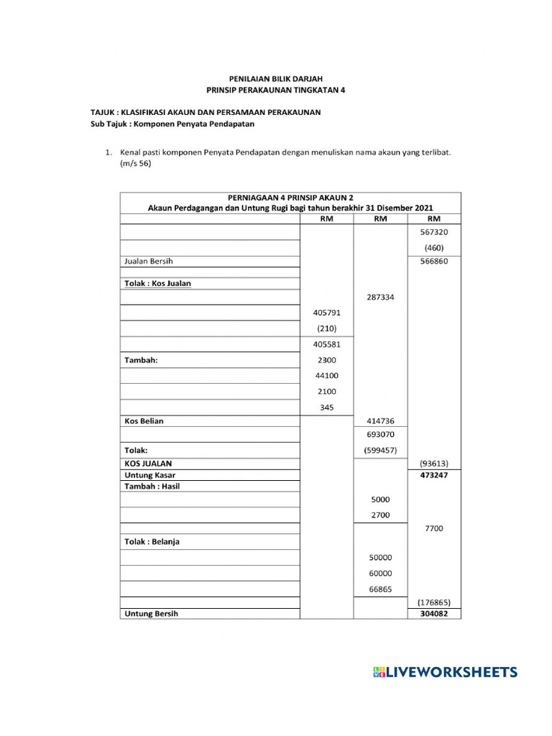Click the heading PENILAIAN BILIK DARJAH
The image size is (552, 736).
click(275, 78)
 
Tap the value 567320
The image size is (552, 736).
click(433, 232)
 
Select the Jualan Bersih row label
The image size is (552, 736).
click(149, 262)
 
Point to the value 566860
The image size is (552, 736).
click(433, 262)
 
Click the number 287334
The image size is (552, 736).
click(380, 296)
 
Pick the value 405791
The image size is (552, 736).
click(326, 313)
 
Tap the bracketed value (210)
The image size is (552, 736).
click(326, 328)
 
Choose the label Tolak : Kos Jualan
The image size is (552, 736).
click(158, 283)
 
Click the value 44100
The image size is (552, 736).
click(326, 375)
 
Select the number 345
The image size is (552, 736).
click(326, 407)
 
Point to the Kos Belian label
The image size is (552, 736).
click(144, 420)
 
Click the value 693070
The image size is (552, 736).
click(380, 434)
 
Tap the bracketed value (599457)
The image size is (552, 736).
click(380, 451)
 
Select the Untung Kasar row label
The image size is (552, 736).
click(150, 475)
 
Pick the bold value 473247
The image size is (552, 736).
click(433, 475)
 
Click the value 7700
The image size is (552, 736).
click(433, 528)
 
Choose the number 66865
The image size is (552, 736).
click(380, 589)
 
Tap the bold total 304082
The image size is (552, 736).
click(433, 614)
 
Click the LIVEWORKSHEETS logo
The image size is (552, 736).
click(445, 672)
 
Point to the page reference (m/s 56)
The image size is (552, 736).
click(136, 163)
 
